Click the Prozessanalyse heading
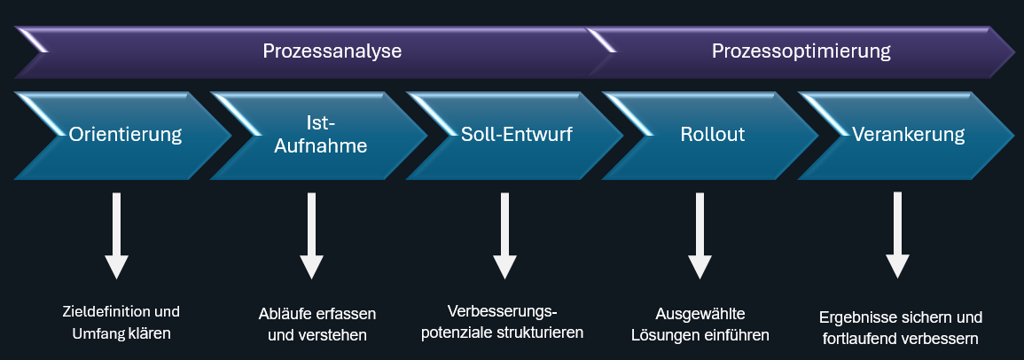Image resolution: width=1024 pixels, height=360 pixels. (x=332, y=51)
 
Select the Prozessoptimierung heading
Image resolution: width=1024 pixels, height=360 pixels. (x=801, y=51)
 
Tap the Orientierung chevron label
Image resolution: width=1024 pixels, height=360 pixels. (x=125, y=135)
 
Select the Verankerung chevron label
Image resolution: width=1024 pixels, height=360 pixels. (x=909, y=135)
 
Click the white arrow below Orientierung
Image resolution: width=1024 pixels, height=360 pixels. (x=116, y=236)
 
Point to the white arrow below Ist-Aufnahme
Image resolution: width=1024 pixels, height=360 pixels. (x=311, y=236)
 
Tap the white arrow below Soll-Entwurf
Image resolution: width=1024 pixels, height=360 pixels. (x=504, y=236)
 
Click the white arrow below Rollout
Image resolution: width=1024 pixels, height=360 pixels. (x=700, y=236)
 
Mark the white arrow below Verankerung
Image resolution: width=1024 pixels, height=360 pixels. (x=897, y=236)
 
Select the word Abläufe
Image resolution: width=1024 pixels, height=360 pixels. (x=280, y=314)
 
